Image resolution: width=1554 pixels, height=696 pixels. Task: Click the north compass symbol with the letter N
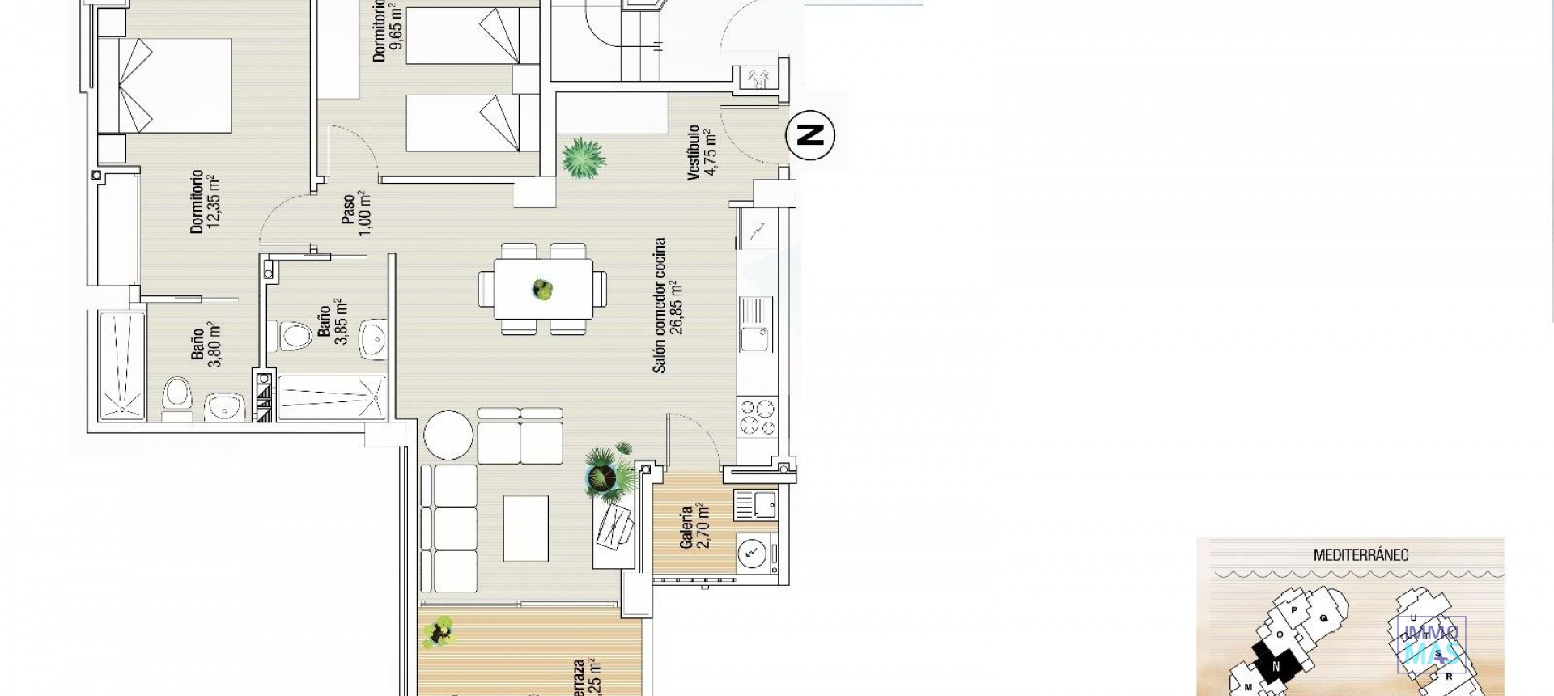tap(810, 134)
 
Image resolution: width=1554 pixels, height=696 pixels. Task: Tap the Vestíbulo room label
tap(694, 152)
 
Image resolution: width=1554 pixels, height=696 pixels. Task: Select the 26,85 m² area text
tap(677, 308)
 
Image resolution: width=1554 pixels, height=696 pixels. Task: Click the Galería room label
tap(686, 527)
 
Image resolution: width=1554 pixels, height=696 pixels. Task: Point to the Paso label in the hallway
tap(348, 209)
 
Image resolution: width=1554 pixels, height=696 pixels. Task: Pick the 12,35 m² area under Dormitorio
tap(214, 202)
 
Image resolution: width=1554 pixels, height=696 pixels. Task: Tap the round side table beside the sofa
tap(448, 435)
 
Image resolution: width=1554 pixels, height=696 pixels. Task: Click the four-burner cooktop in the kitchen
tap(757, 418)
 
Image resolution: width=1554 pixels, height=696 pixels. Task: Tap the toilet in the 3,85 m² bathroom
tap(293, 336)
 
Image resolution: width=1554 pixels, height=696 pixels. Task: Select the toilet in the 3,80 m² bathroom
tap(177, 397)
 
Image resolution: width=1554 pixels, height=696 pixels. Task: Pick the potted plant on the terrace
tap(440, 630)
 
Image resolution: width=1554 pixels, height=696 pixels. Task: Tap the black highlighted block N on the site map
tap(1276, 666)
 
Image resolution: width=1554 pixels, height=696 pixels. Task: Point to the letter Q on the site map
tap(1324, 617)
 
